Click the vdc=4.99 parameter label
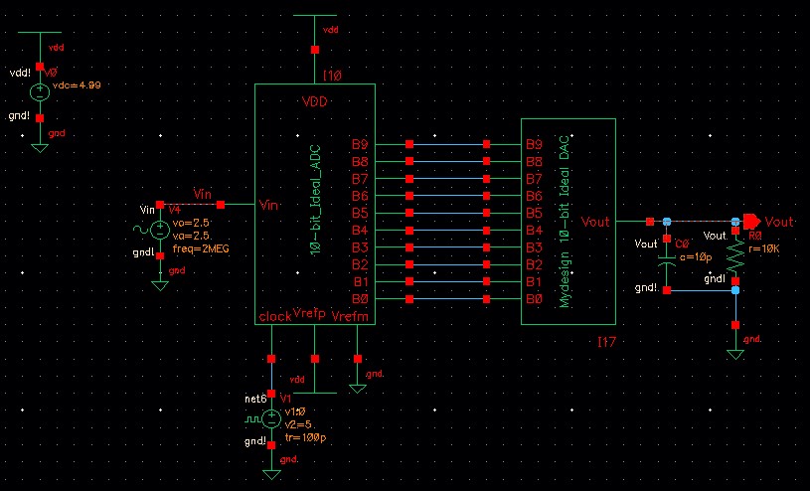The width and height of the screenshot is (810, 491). (78, 85)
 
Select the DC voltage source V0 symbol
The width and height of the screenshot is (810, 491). (40, 92)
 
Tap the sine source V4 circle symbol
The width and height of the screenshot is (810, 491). (159, 231)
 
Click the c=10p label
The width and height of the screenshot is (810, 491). (696, 258)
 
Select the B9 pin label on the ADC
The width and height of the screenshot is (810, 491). (360, 144)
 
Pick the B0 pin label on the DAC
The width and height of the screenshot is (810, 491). (534, 299)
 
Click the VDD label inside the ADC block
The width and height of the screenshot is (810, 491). (315, 102)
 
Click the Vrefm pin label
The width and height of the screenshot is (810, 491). (348, 316)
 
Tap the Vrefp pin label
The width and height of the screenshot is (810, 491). (309, 314)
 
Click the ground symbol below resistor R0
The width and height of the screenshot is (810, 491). (735, 352)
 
